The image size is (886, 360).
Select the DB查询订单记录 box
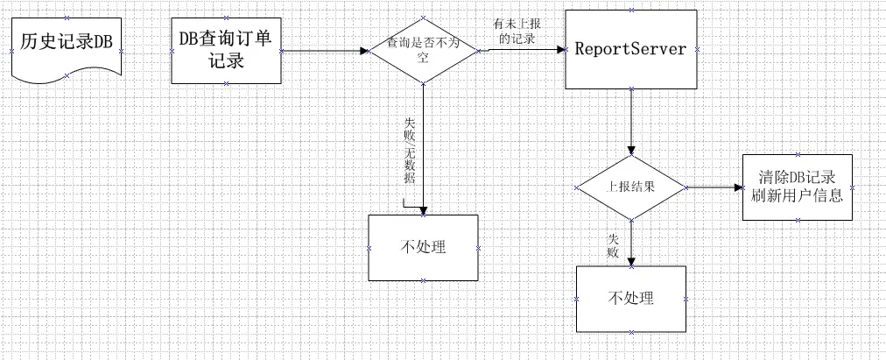pyautogui.click(x=227, y=51)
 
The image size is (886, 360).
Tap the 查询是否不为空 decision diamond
pyautogui.click(x=422, y=50)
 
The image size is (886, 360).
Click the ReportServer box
pyautogui.click(x=629, y=51)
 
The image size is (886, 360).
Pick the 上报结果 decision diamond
pyautogui.click(x=631, y=187)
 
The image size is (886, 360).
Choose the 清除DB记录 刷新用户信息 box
pyautogui.click(x=796, y=187)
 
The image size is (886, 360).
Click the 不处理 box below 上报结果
pyautogui.click(x=630, y=298)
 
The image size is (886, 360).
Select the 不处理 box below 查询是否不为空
pyautogui.click(x=423, y=247)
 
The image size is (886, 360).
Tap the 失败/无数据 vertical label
pyautogui.click(x=409, y=151)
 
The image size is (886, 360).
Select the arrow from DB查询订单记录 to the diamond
pyautogui.click(x=323, y=51)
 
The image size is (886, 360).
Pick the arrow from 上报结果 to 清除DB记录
pyautogui.click(x=714, y=187)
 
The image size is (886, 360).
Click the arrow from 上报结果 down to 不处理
pyautogui.click(x=630, y=241)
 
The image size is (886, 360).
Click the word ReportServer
pyautogui.click(x=629, y=49)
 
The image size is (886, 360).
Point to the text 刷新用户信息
pyautogui.click(x=797, y=196)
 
